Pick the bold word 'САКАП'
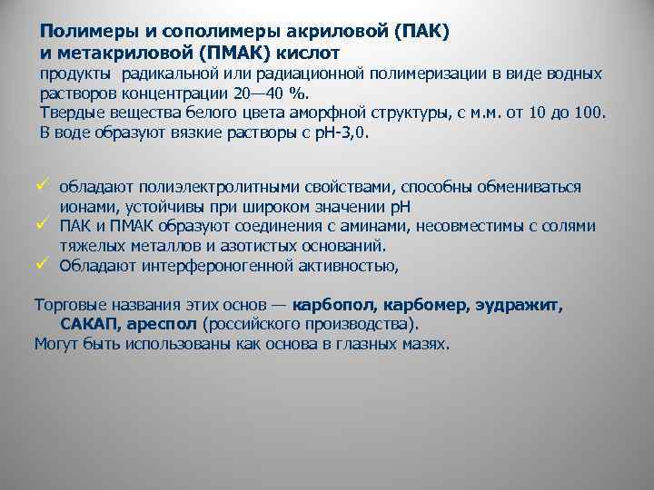87,324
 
